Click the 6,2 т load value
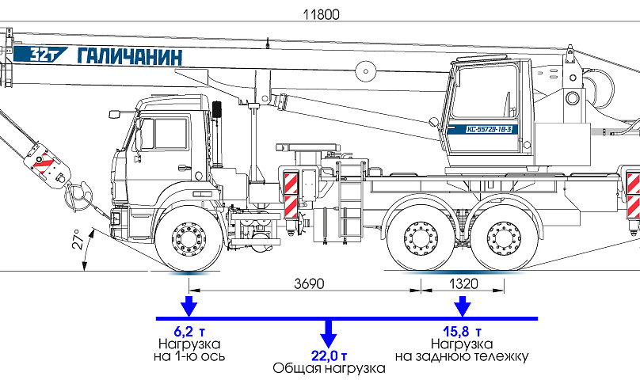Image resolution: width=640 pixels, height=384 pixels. tap(189, 331)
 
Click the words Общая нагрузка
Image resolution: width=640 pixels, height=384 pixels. tap(328, 368)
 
